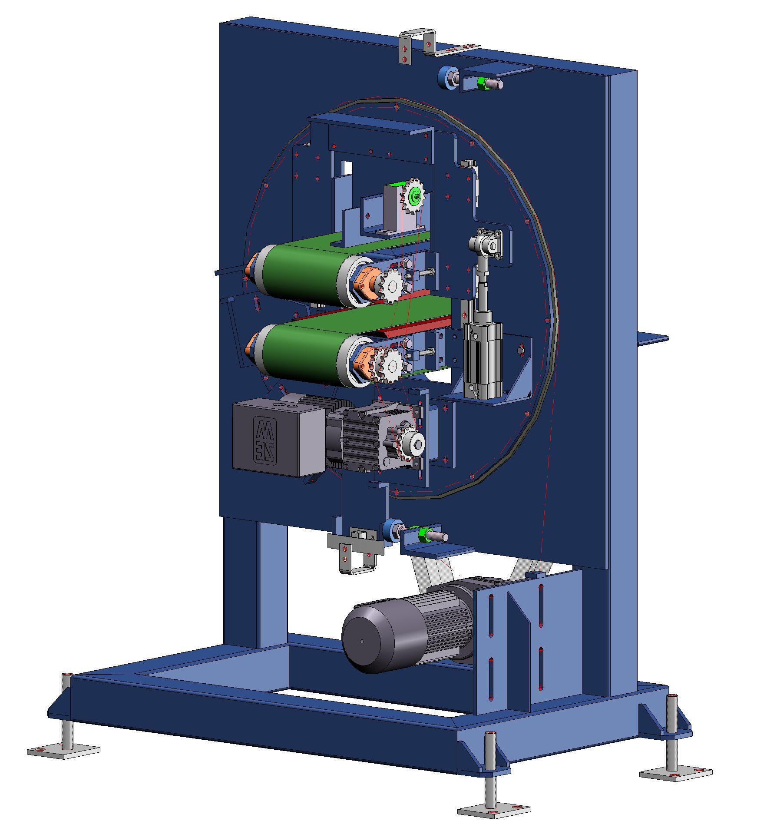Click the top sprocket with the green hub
[x=416, y=197]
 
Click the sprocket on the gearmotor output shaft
[x=410, y=443]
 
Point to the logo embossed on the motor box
[x=264, y=438]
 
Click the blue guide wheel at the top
[x=445, y=79]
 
